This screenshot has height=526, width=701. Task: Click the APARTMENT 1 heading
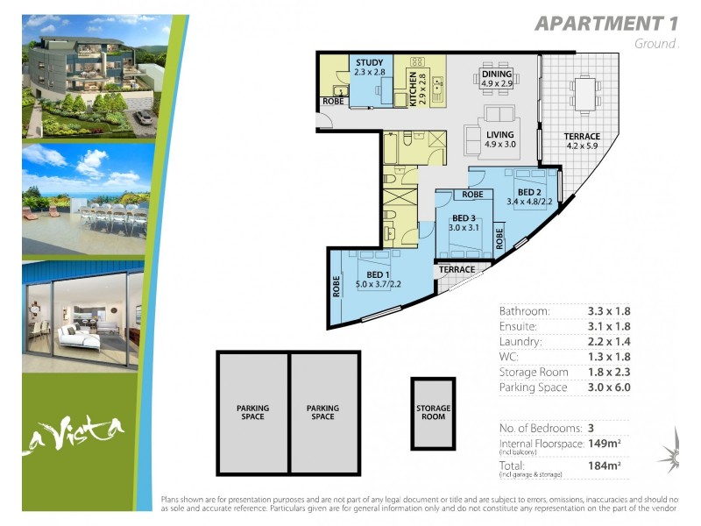[x=605, y=23]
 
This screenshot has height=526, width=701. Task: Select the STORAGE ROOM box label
[x=433, y=412]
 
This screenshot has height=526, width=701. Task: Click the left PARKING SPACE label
[x=252, y=412]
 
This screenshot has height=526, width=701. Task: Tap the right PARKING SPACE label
[x=322, y=412]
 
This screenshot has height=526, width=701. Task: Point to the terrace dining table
[x=585, y=89]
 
